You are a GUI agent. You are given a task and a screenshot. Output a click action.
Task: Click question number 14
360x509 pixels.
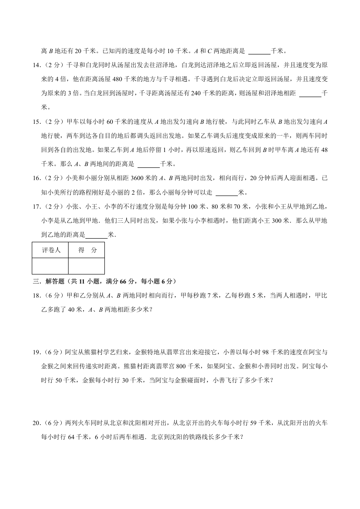(37, 65)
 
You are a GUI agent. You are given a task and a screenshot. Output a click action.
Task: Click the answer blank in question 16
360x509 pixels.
(227, 193)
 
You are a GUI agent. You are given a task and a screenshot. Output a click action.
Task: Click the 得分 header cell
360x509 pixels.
(87, 250)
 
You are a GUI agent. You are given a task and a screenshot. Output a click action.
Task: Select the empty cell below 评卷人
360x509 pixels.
(50, 266)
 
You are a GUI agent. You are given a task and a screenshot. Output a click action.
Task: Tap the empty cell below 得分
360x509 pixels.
(86, 266)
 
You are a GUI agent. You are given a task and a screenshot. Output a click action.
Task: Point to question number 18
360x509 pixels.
(37, 296)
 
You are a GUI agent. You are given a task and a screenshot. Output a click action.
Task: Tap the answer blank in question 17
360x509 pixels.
(97, 235)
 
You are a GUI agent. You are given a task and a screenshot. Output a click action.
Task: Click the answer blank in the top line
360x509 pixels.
(259, 51)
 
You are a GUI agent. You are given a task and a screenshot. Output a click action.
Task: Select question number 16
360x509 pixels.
(37, 178)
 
